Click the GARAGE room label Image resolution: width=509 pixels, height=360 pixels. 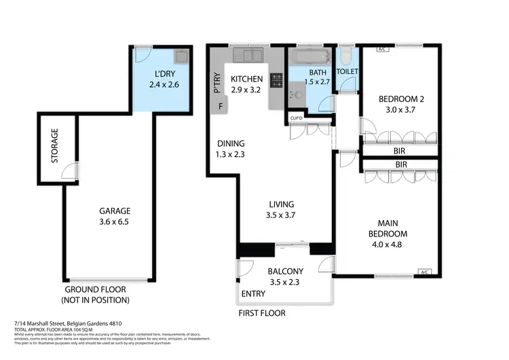114,211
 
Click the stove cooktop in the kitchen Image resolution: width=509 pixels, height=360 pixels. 276,80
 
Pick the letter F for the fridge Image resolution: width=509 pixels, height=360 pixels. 221,107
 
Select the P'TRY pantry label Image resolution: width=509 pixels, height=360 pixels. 216,82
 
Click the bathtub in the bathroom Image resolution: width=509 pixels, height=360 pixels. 311,56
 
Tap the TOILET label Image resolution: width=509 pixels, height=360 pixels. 347,71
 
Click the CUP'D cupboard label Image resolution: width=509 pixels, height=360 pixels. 297,119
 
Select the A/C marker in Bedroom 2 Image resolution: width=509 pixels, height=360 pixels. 381,50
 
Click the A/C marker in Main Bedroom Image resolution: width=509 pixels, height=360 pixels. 426,272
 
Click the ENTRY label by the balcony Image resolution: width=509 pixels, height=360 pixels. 254,294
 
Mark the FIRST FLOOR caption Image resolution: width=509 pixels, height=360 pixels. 262,313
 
